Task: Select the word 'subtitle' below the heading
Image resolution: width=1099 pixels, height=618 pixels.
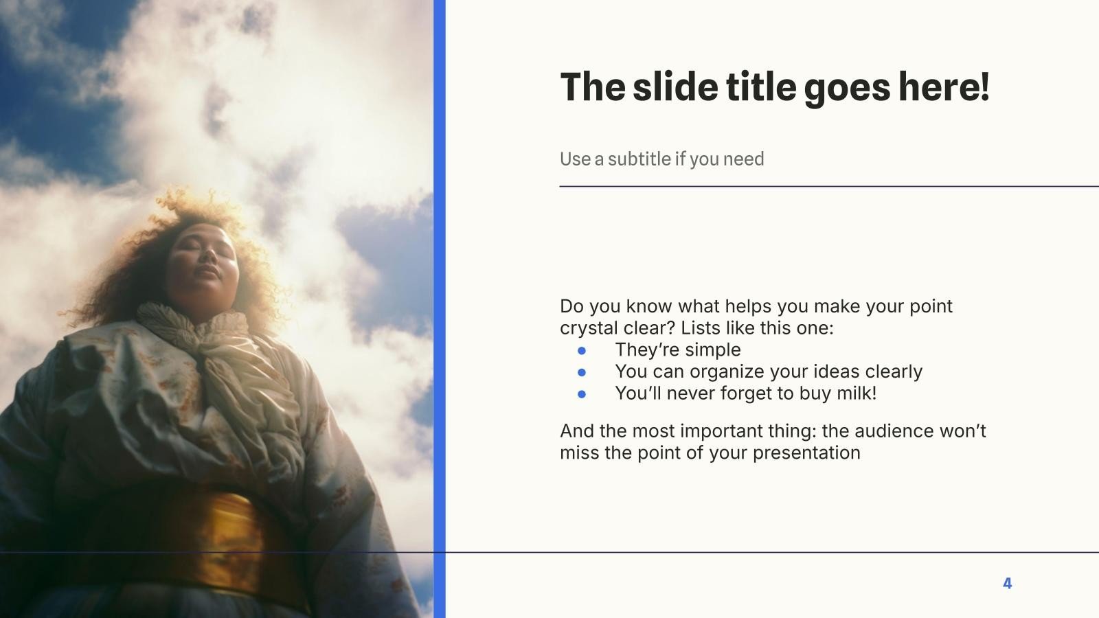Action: tap(639, 159)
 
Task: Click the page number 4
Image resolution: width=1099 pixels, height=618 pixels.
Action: tap(1007, 584)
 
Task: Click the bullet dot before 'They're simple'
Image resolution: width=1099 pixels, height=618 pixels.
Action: tap(582, 350)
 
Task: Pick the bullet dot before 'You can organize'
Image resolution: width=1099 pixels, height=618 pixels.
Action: tap(582, 372)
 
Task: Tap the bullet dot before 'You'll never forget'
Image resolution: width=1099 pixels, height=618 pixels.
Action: tap(582, 394)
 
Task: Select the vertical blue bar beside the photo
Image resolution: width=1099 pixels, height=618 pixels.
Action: tap(440, 309)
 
